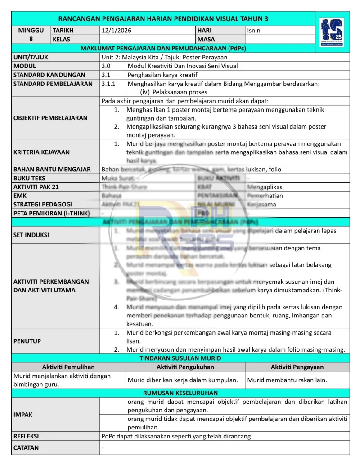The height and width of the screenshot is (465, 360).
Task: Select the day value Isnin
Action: tap(254, 31)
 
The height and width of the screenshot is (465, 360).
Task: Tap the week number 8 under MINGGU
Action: tap(31, 39)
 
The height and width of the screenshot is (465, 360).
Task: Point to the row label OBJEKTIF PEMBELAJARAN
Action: tap(50, 118)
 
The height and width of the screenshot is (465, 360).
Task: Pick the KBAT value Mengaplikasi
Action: tap(265, 187)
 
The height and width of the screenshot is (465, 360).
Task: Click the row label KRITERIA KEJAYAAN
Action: tap(41, 152)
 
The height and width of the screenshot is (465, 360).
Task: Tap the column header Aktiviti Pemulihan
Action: tap(68, 367)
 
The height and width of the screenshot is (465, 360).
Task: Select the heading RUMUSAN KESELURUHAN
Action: tap(180, 393)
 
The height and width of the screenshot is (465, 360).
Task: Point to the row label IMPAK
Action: tap(23, 415)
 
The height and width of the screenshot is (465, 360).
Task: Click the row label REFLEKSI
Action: tap(26, 436)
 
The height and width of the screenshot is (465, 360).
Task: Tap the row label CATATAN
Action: tap(26, 447)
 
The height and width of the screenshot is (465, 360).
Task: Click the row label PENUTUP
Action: tap(27, 341)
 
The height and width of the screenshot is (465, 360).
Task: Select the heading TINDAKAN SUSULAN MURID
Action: tap(180, 358)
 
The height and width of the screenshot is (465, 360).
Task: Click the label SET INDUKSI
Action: tap(31, 235)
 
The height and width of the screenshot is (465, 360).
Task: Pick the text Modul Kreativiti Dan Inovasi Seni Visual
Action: tap(183, 66)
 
